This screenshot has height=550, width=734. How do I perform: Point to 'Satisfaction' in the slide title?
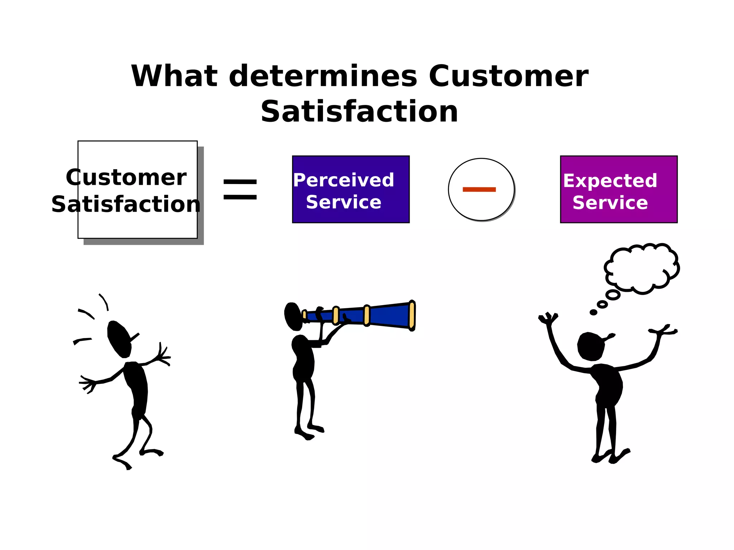coord(359,112)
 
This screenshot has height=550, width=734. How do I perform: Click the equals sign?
coord(240,189)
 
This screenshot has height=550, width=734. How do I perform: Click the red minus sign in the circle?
coord(479,189)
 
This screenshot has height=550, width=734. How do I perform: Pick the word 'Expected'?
coord(610,180)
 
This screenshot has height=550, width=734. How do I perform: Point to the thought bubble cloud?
coord(642,268)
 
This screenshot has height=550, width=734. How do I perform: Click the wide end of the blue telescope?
coord(412,315)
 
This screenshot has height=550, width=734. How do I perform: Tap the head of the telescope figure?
coord(293,316)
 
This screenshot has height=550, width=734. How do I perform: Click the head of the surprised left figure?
coord(119,339)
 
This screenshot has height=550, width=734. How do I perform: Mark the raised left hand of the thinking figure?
coord(548,318)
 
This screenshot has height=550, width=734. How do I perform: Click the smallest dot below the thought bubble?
coord(594,312)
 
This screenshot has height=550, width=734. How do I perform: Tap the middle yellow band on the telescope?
coord(367,315)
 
